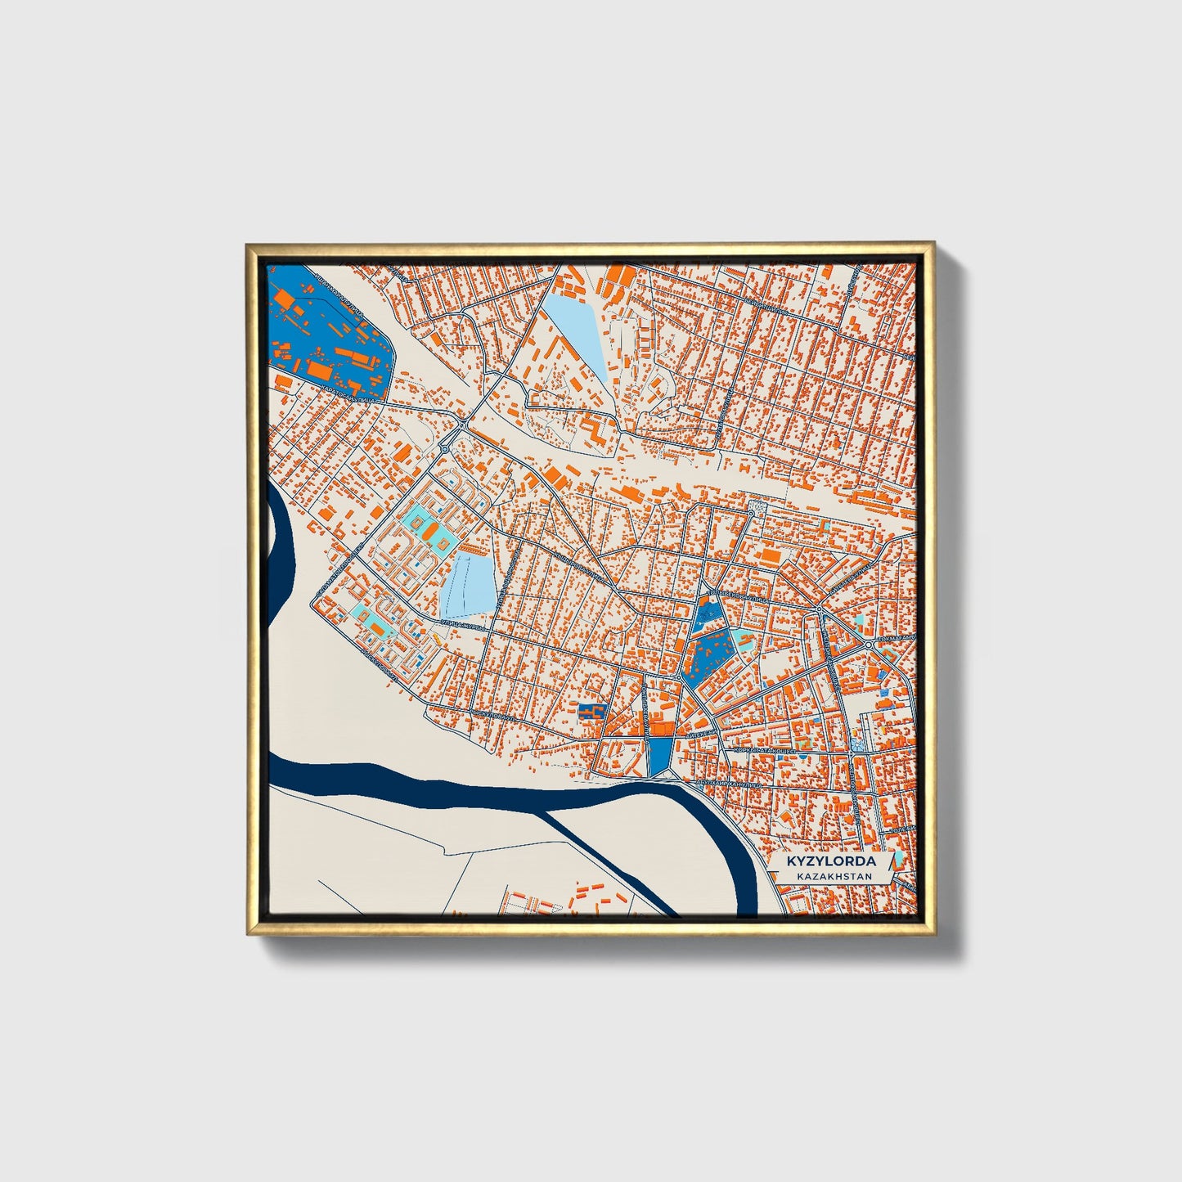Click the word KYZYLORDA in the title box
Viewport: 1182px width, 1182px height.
click(x=831, y=861)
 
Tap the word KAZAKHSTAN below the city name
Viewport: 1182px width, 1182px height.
click(x=831, y=877)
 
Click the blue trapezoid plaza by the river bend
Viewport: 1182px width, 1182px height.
click(x=658, y=756)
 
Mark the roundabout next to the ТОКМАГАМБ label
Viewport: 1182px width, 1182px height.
click(x=869, y=645)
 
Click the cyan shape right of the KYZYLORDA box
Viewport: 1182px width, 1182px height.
click(x=899, y=858)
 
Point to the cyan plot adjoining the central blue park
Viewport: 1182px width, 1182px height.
click(x=744, y=636)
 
